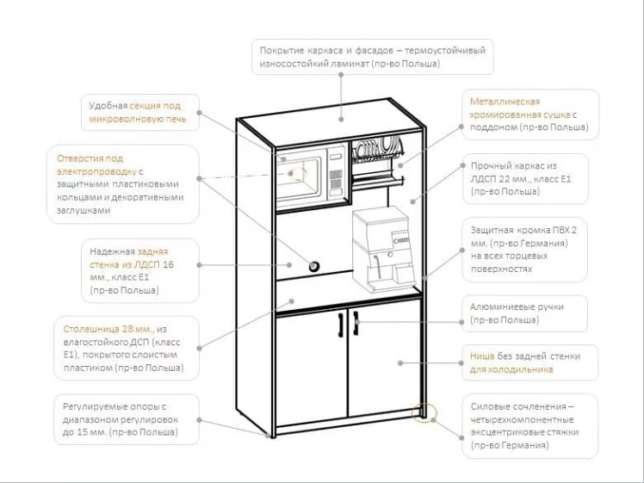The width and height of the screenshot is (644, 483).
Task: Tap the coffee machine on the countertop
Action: pos(384,250)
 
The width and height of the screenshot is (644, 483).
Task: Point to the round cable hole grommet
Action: pos(314,263)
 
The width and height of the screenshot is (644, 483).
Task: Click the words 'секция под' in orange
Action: pos(160,105)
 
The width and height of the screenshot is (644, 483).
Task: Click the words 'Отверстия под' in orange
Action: pos(90,158)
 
